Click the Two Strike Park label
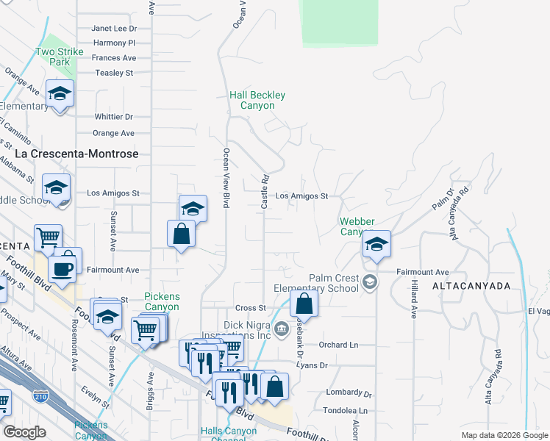point(54,57)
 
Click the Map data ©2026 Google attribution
point(504,435)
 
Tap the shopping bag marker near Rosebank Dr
point(304,303)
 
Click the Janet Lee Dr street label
point(114,29)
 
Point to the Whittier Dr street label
point(113,117)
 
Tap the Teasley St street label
point(114,73)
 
